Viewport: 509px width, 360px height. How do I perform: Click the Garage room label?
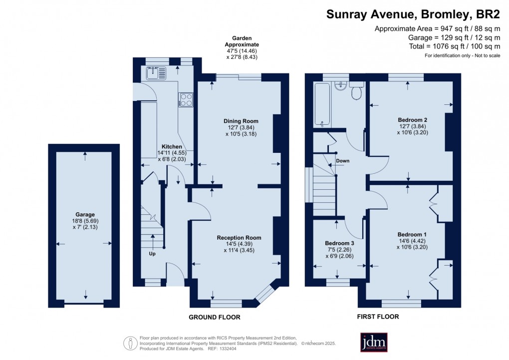[x=84, y=214]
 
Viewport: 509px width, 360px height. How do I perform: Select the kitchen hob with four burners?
[x=186, y=99]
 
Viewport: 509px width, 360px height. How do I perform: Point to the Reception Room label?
[x=239, y=238]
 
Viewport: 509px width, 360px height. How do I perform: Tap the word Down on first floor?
[x=343, y=161]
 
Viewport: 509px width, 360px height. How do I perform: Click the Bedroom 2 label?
[x=412, y=120]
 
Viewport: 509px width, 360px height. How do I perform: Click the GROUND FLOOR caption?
[x=214, y=318]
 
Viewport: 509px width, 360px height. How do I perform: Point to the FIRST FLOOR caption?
[x=378, y=317]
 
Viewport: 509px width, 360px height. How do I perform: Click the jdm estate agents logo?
[x=374, y=342]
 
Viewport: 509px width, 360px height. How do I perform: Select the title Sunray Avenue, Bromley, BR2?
[x=413, y=14]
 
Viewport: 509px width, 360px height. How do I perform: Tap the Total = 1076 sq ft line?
[x=444, y=46]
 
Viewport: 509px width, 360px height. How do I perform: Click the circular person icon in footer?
[x=130, y=343]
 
